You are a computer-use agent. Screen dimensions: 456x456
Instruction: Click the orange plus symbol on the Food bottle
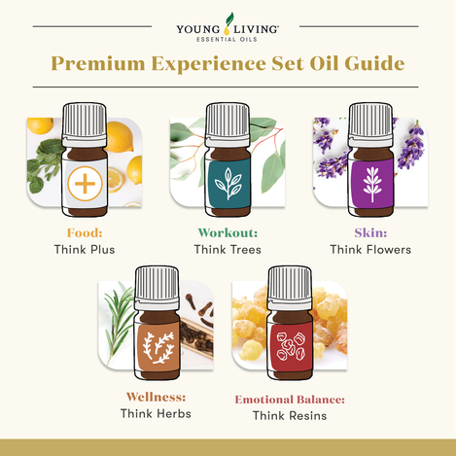pyautogui.click(x=85, y=184)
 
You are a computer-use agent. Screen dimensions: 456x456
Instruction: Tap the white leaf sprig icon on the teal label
pyautogui.click(x=228, y=184)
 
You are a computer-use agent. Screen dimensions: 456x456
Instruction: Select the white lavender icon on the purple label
pyautogui.click(x=372, y=185)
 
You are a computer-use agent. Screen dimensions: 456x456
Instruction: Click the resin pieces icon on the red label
pyautogui.click(x=291, y=346)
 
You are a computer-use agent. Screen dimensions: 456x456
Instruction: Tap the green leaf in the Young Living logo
pyautogui.click(x=229, y=18)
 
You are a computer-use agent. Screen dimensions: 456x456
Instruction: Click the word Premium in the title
pyautogui.click(x=98, y=64)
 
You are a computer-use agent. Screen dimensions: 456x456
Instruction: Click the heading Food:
pyautogui.click(x=85, y=232)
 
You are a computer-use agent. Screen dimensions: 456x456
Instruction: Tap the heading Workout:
pyautogui.click(x=228, y=232)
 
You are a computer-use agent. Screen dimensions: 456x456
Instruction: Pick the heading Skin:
pyautogui.click(x=370, y=232)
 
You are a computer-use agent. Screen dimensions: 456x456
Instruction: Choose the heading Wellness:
pyautogui.click(x=156, y=397)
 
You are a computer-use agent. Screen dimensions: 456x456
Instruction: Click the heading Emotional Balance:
pyautogui.click(x=290, y=400)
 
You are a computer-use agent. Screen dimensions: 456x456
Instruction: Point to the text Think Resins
pyautogui.click(x=290, y=415)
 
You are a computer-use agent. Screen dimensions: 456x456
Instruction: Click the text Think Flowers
pyautogui.click(x=370, y=250)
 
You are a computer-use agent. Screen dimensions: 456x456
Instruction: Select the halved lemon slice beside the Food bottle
pyautogui.click(x=115, y=180)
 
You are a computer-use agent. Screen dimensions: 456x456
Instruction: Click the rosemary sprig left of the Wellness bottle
pyautogui.click(x=119, y=323)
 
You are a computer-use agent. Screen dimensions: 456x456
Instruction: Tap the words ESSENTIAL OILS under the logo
pyautogui.click(x=227, y=39)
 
